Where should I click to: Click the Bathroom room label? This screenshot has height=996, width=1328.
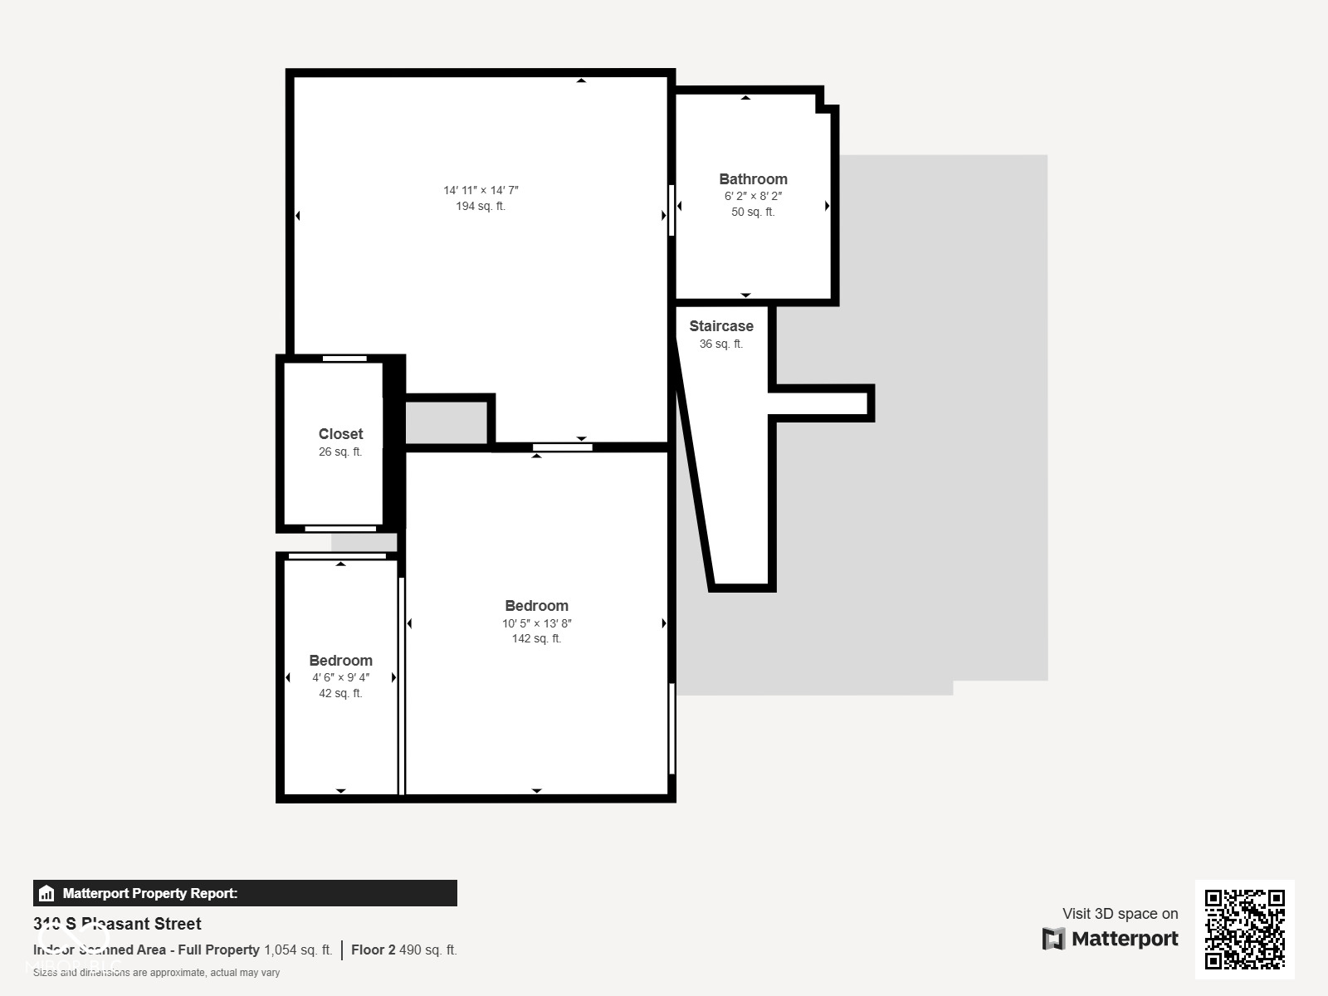(x=753, y=179)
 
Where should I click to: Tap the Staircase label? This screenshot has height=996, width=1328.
(x=720, y=326)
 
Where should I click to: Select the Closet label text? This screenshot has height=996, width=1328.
(x=340, y=434)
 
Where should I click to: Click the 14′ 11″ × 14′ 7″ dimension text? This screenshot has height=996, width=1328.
(x=481, y=191)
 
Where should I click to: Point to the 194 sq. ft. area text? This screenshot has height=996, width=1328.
(x=481, y=207)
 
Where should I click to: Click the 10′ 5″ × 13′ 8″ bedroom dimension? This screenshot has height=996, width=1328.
(x=536, y=623)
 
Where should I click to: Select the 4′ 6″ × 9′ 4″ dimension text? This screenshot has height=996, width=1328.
(x=340, y=678)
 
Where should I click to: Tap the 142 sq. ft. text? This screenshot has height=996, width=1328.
(x=536, y=639)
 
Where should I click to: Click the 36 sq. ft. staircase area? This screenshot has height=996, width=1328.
(x=720, y=344)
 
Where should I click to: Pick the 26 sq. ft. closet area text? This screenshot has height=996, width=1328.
(x=340, y=452)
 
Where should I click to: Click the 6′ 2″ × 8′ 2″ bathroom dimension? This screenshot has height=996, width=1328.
(x=753, y=197)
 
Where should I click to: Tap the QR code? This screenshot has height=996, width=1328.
(x=1244, y=929)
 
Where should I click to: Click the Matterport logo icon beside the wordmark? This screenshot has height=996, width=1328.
(x=1053, y=939)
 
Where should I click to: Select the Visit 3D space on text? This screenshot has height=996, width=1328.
(x=1120, y=914)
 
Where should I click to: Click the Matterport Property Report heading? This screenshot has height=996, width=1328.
(x=149, y=894)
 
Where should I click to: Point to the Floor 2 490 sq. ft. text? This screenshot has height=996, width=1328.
(x=403, y=950)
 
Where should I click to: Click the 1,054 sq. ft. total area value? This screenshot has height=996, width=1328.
(x=298, y=950)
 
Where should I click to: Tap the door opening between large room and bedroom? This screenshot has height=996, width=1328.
(x=562, y=447)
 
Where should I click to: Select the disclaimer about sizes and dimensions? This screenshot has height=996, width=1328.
(x=156, y=973)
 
